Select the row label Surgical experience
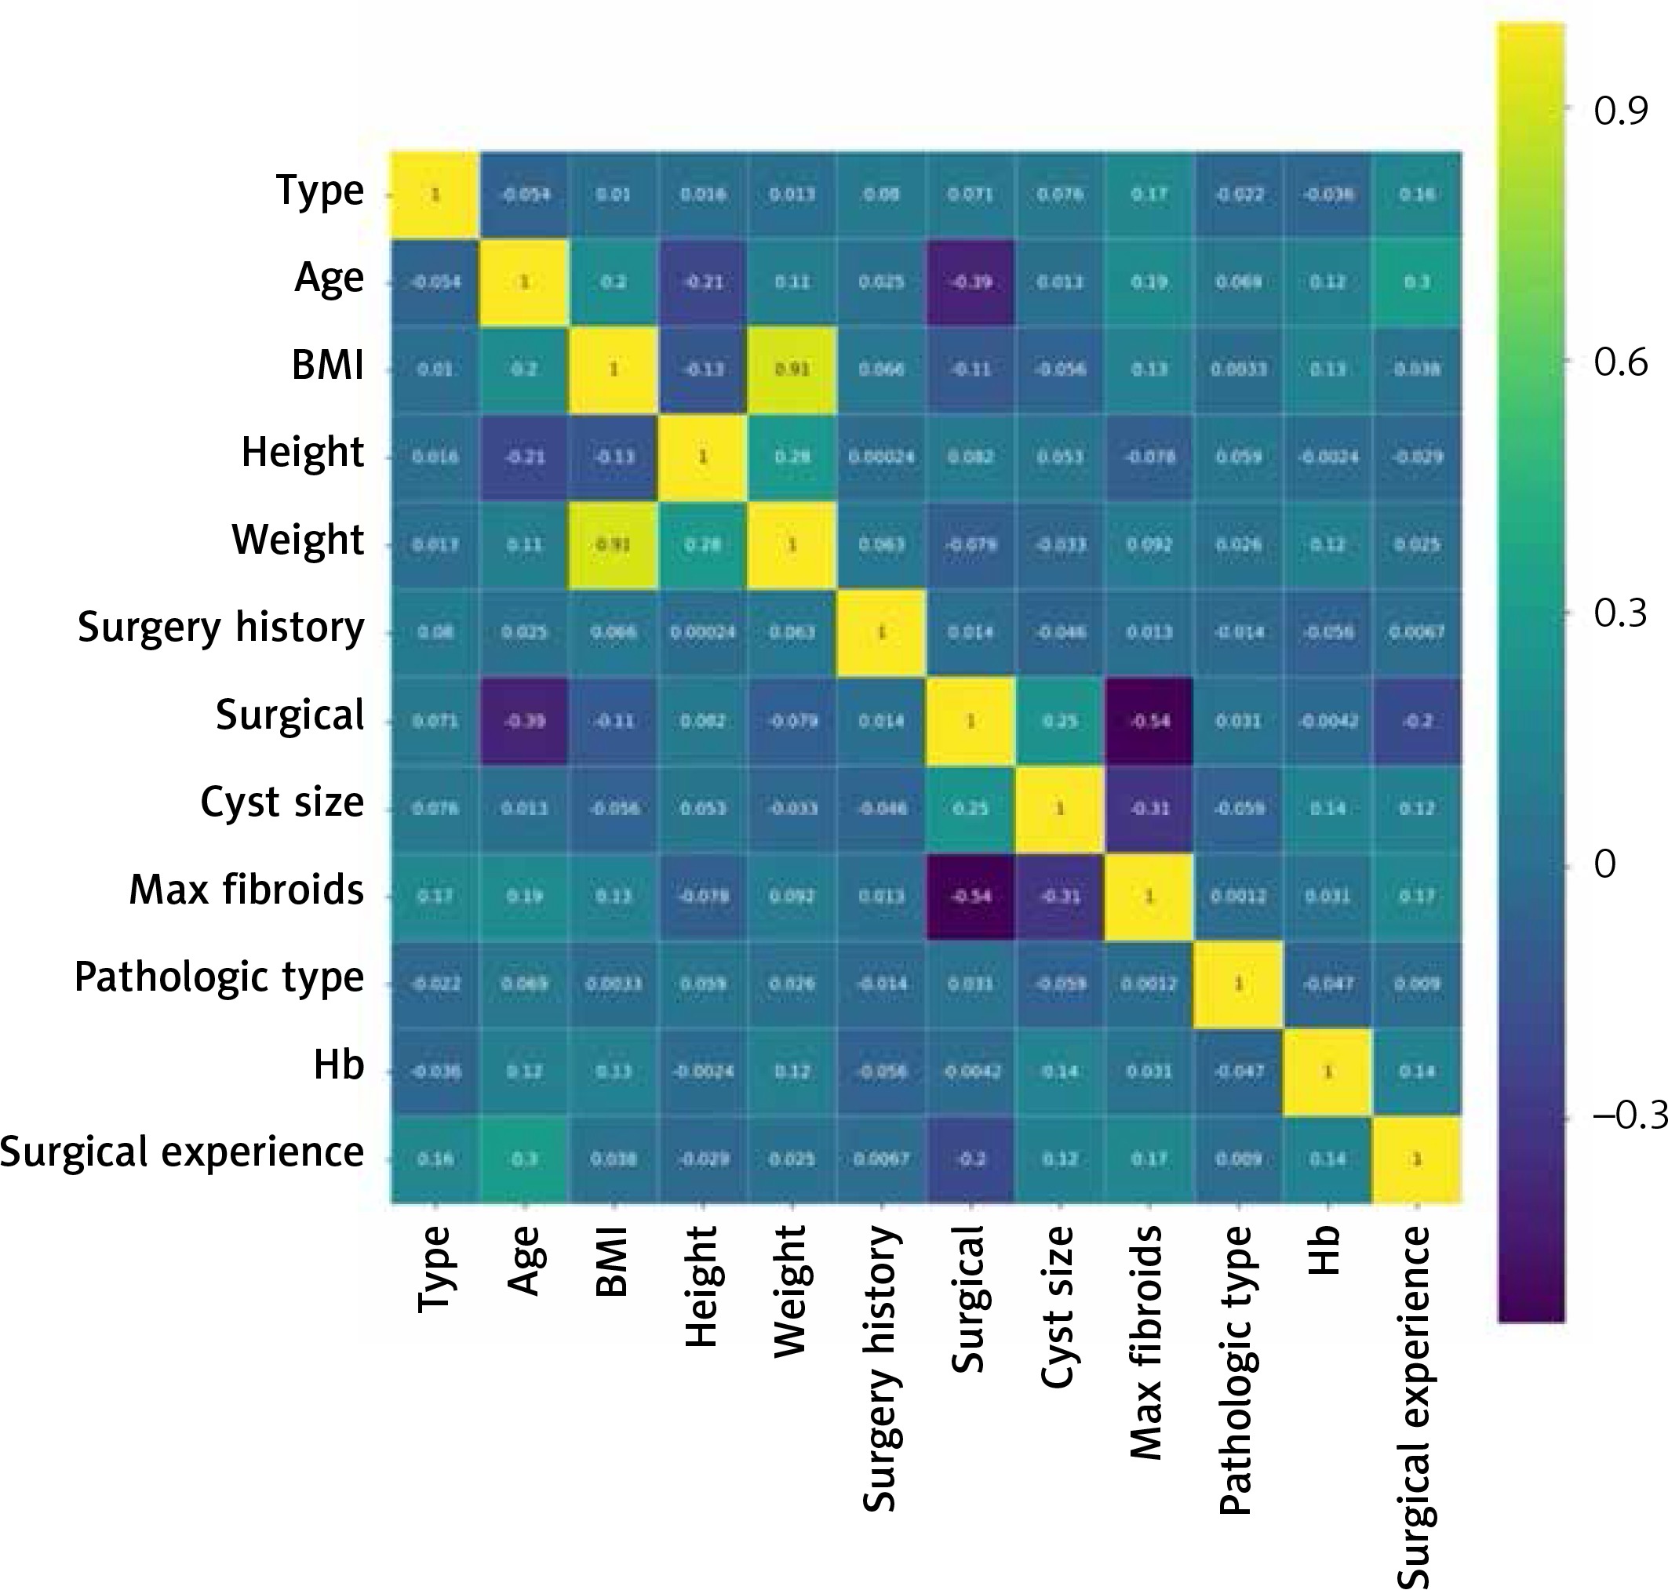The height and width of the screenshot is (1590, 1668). (x=181, y=1152)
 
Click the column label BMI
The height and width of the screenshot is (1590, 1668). (x=612, y=1261)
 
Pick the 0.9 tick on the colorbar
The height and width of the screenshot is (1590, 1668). (x=1619, y=111)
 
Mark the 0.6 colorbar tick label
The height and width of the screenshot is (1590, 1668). (x=1619, y=362)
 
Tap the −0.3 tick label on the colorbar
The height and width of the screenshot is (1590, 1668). (x=1629, y=1117)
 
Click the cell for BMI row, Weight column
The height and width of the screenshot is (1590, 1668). (x=792, y=369)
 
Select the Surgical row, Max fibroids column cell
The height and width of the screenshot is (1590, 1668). (x=1149, y=721)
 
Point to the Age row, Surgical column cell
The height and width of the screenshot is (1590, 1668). (x=971, y=282)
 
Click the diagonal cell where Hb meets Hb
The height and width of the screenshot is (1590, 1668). (x=1327, y=1072)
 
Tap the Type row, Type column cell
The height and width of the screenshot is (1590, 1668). (x=435, y=194)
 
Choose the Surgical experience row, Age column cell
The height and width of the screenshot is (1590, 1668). (x=524, y=1159)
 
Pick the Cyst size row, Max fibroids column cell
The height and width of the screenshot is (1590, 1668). (x=1149, y=809)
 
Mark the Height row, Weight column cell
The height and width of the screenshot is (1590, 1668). (x=792, y=457)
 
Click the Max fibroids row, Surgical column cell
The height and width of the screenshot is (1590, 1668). (x=971, y=896)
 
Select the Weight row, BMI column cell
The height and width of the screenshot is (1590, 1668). (x=613, y=544)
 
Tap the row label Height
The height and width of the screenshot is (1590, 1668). (x=302, y=453)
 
